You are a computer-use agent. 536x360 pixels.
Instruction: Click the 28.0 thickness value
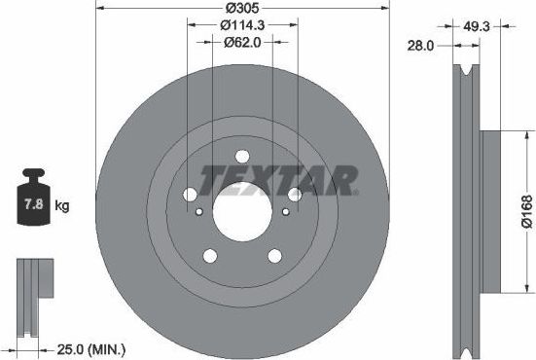click(x=421, y=45)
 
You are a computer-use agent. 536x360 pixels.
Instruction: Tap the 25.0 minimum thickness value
click(x=71, y=346)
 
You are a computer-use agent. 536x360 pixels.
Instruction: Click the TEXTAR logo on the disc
click(x=279, y=180)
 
